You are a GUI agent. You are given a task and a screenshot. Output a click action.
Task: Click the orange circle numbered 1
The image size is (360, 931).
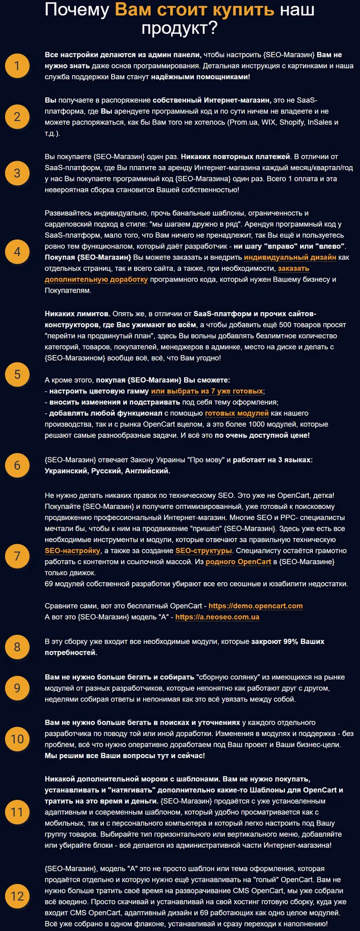(x=17, y=66)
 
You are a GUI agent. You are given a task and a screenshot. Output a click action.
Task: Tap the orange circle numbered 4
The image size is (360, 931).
(x=17, y=252)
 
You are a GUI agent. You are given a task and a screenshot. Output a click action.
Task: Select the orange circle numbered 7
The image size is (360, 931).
(x=17, y=556)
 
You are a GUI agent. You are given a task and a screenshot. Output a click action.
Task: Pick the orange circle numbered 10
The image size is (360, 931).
(x=17, y=739)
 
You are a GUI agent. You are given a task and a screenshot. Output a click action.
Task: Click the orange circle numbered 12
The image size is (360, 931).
(x=17, y=896)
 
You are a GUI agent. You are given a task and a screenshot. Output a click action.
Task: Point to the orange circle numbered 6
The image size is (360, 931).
(x=17, y=465)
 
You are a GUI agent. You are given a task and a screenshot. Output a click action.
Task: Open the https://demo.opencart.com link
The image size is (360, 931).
(x=256, y=606)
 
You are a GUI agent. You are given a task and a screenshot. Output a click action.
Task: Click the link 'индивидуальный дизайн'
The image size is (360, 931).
(x=290, y=257)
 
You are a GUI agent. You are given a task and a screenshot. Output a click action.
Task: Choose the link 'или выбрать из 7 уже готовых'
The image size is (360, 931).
(x=207, y=391)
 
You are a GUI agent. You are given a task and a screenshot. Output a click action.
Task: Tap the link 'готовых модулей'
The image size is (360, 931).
(x=237, y=413)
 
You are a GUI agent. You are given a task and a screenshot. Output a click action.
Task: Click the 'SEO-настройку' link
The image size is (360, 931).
(x=73, y=550)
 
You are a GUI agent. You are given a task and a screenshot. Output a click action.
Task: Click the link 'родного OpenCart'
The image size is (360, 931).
(x=238, y=562)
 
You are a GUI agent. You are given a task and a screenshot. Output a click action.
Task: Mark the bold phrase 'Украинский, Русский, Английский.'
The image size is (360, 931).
(x=107, y=471)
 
